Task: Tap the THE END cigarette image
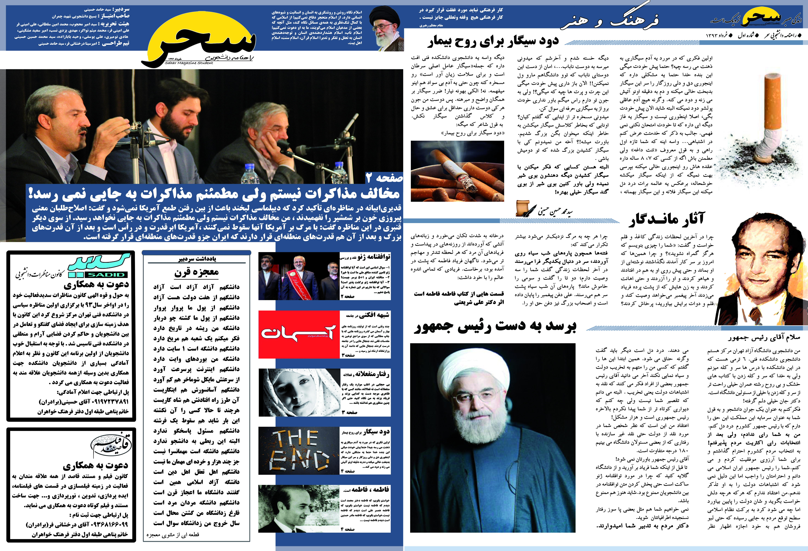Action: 299,450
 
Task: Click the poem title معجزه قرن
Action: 196,272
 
